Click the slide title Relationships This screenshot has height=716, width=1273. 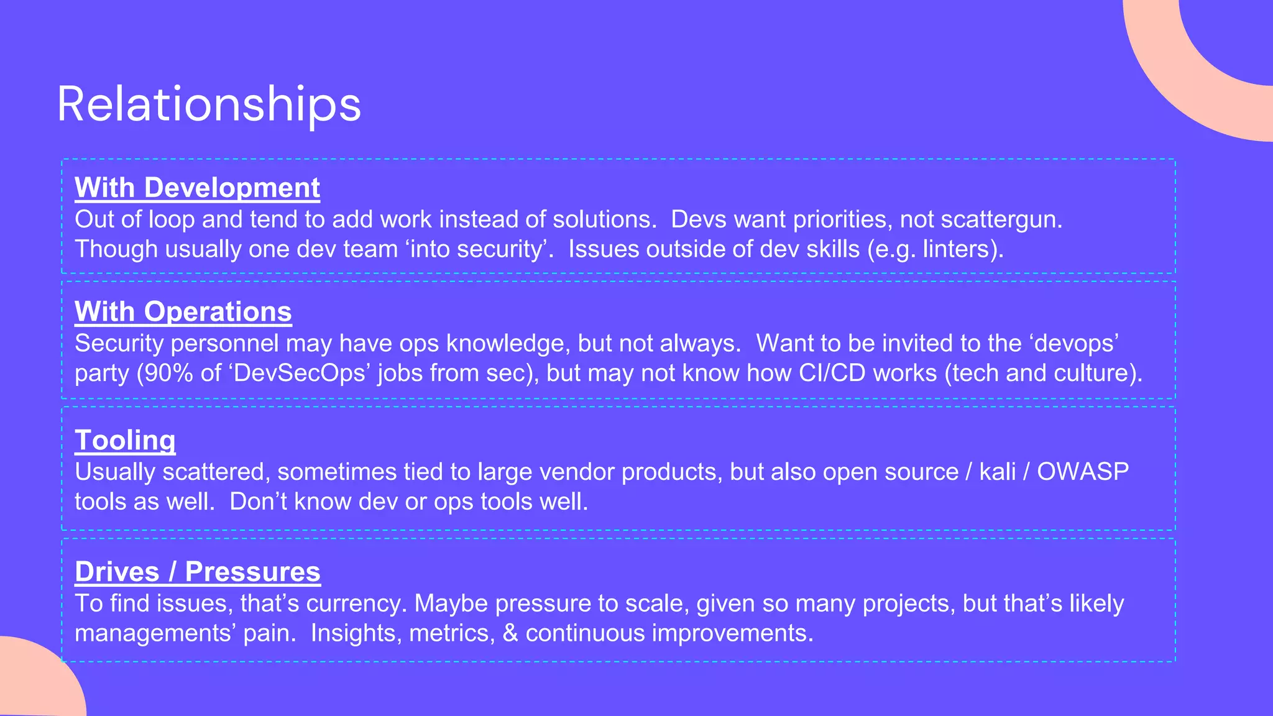[209, 104]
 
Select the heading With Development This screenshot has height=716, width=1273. [197, 188]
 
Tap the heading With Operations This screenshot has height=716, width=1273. [183, 311]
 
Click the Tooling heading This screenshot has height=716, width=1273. [125, 440]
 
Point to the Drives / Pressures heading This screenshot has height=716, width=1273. [197, 572]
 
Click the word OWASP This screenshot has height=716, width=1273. [1082, 472]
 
